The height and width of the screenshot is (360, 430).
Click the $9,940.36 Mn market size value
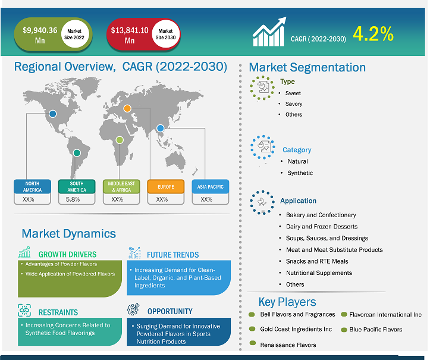[x=40, y=35]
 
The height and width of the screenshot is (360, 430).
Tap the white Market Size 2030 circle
[x=166, y=34]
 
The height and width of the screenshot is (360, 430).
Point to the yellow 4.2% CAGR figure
[x=373, y=34]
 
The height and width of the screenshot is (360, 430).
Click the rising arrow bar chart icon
[x=269, y=32]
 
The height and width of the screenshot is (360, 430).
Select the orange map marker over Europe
[x=127, y=108]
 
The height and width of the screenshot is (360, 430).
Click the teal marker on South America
[x=77, y=153]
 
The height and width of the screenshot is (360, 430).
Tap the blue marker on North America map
[x=53, y=114]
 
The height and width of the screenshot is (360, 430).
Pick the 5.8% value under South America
[x=73, y=199]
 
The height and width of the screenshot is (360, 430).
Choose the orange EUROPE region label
[x=166, y=187]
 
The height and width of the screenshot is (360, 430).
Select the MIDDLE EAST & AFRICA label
[x=121, y=187]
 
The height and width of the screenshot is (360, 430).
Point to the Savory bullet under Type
[x=293, y=104]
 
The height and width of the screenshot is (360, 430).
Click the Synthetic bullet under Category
[x=300, y=173]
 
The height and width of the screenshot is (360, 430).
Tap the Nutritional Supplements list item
[x=319, y=273]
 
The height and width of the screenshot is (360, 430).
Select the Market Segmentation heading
[x=307, y=67]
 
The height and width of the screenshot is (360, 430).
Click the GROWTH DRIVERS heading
[x=67, y=254]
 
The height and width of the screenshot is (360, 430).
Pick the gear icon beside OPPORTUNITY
[x=133, y=309]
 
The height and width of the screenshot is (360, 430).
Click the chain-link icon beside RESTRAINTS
[x=24, y=310]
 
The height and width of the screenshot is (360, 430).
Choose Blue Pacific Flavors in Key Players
[x=376, y=329]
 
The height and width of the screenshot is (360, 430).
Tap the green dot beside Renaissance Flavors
[x=253, y=343]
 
